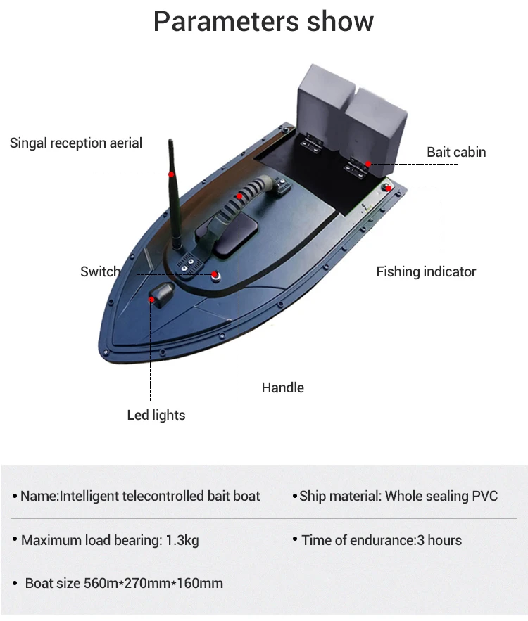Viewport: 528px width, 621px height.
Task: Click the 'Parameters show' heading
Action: tap(263, 22)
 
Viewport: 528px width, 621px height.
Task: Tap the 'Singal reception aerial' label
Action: tap(76, 143)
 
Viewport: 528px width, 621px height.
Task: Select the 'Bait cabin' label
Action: tap(456, 152)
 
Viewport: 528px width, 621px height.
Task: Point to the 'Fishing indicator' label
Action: tap(426, 271)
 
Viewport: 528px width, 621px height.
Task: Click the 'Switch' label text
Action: tap(100, 271)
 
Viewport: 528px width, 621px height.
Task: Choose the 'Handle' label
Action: tap(283, 388)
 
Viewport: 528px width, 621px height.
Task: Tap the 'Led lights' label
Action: tap(156, 415)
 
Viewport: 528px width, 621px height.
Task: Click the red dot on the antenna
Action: tap(171, 174)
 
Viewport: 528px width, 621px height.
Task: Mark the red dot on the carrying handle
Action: tap(240, 196)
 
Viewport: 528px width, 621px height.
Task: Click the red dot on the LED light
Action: tap(151, 300)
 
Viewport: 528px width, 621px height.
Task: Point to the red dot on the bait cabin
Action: tap(367, 164)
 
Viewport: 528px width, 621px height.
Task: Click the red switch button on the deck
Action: tap(215, 274)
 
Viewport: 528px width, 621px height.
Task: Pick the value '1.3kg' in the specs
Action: tap(182, 541)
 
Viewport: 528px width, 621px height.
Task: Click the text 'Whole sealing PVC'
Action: tap(441, 496)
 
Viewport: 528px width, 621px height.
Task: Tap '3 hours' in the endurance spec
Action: tap(440, 541)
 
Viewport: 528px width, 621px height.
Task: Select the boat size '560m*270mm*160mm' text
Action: tap(153, 583)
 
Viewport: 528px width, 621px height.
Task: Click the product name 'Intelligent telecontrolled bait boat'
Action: tap(160, 496)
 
